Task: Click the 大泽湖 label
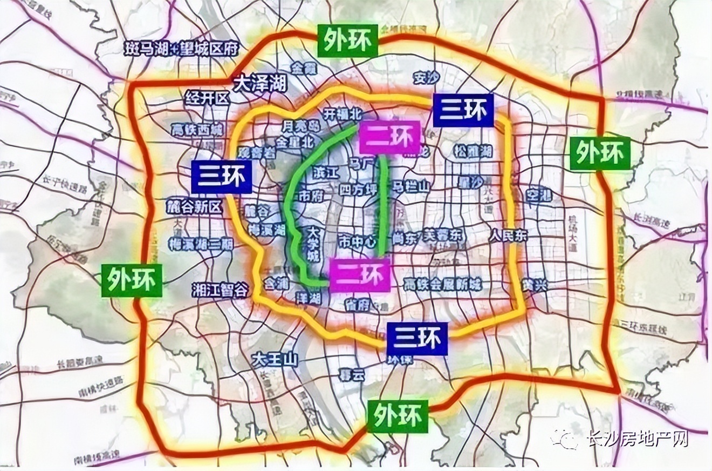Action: point(260,83)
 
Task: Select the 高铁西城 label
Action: point(197,130)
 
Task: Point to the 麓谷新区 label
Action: point(195,206)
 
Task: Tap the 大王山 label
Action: point(276,359)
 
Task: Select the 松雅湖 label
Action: point(473,151)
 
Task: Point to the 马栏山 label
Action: point(411,186)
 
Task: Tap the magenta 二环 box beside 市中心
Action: point(360,275)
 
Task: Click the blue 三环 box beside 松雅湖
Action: point(463,110)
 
